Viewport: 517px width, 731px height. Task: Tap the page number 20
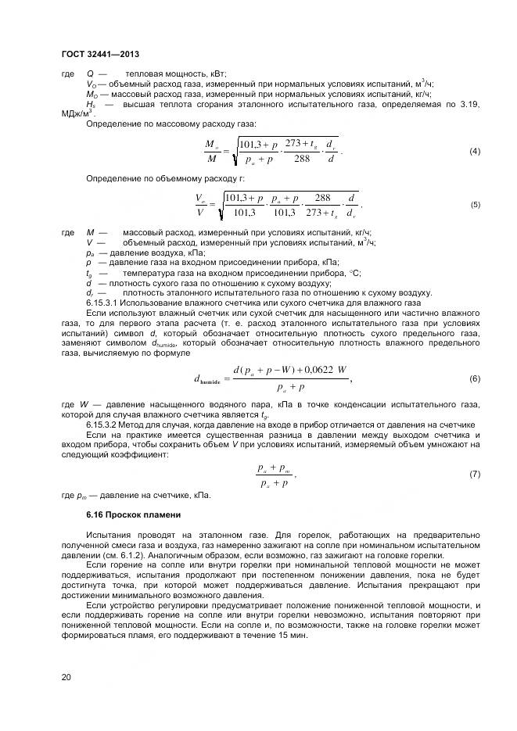point(66,675)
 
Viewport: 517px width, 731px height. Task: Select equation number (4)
point(474,151)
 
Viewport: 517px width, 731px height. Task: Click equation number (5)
point(474,205)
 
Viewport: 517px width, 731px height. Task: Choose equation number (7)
point(474,475)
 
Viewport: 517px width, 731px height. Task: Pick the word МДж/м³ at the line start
point(77,114)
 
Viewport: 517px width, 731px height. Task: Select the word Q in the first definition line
point(91,73)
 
